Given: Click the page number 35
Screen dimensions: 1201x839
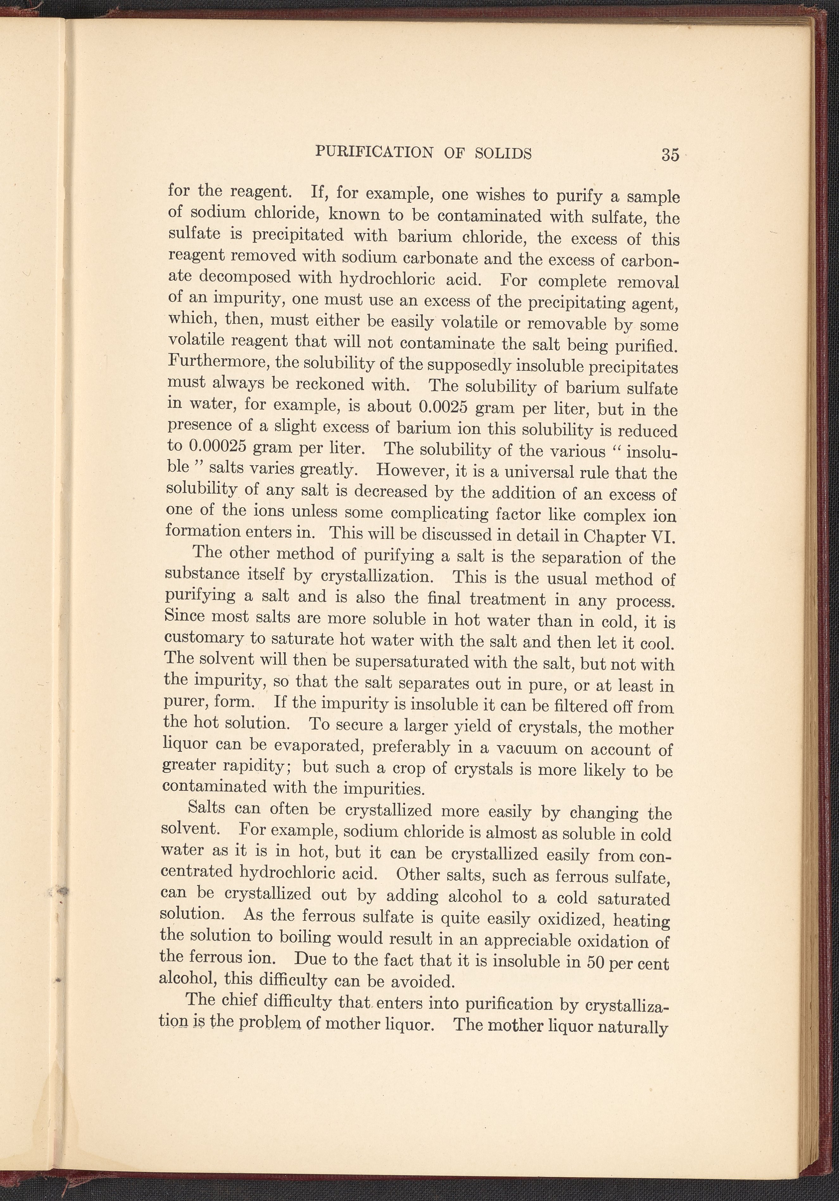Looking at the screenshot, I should pos(670,155).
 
